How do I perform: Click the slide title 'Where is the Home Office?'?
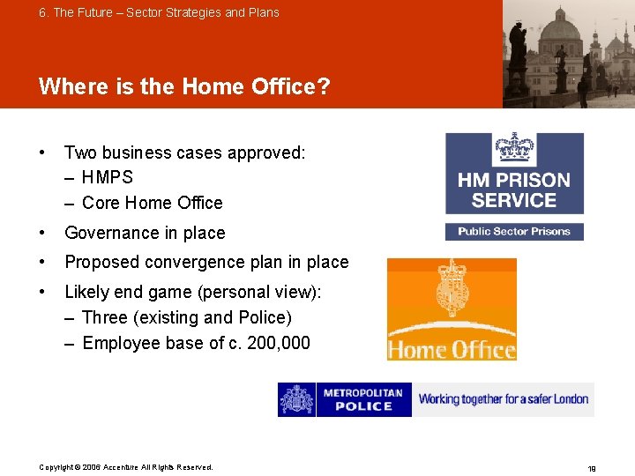[184, 86]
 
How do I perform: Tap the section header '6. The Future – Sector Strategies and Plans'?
[159, 12]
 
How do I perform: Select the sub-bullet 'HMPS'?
[107, 177]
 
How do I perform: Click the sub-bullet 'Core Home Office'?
[152, 203]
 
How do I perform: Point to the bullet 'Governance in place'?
[145, 233]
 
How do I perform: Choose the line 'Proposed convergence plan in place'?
[206, 262]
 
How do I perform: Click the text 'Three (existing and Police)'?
[186, 317]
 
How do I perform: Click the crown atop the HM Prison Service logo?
[514, 147]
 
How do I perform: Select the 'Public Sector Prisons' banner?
[514, 232]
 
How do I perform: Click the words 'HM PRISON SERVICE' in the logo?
[514, 190]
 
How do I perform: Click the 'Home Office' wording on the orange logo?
[452, 349]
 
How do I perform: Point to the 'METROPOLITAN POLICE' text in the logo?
[363, 399]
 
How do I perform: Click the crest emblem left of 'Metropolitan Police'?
[296, 399]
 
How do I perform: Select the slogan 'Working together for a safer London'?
[504, 399]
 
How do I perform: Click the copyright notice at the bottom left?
[126, 467]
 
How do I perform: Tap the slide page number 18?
[591, 469]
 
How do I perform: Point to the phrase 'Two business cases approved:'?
[185, 152]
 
